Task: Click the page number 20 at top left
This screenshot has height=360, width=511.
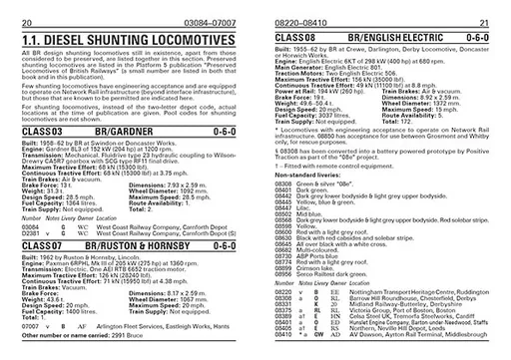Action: (x=24, y=20)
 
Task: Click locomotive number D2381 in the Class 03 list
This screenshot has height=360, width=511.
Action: (x=31, y=233)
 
